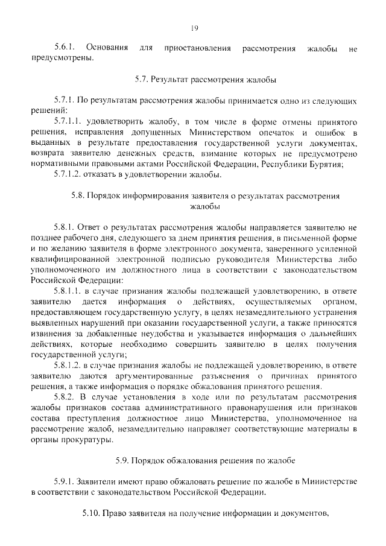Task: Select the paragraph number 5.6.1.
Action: click(65, 47)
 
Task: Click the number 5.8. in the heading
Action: click(80, 197)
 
